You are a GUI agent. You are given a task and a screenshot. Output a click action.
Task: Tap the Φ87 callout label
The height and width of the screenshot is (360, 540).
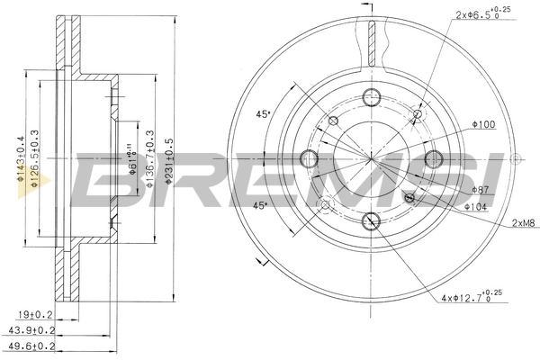[481, 191]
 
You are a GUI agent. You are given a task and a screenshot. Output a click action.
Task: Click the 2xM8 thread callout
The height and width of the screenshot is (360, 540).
[523, 222]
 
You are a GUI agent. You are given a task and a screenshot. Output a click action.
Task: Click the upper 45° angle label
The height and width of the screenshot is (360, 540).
[264, 114]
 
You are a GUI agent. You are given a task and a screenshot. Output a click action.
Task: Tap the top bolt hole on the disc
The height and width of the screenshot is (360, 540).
[371, 98]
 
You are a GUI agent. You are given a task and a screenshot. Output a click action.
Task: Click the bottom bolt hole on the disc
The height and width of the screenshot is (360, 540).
[371, 220]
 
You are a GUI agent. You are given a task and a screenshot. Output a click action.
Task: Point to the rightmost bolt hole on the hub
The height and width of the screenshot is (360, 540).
[432, 159]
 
